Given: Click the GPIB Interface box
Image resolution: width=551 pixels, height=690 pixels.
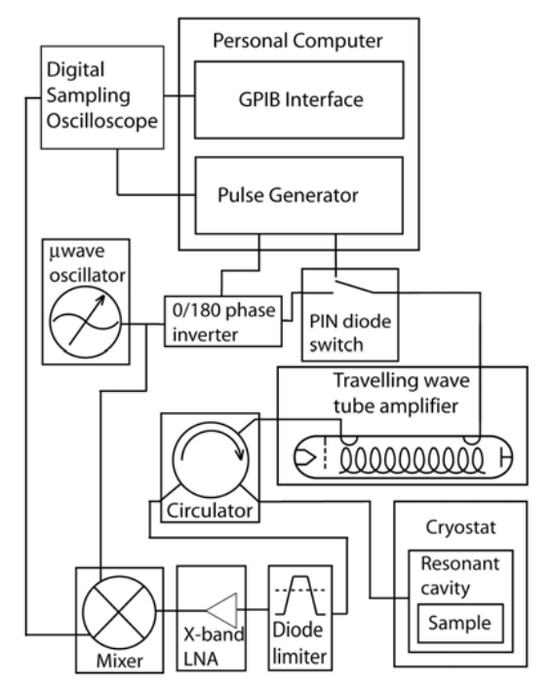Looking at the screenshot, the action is pos(299,99).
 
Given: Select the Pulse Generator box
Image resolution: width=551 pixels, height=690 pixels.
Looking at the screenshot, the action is pos(299,195).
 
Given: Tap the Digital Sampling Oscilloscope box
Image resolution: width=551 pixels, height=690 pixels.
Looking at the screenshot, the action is pos(102,97).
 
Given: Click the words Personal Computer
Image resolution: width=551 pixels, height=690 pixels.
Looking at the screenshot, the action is pos(297,41).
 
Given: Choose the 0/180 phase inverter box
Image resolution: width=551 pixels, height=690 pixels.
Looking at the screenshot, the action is pos(223,322).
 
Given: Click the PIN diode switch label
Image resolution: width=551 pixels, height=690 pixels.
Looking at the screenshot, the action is pos(350,333).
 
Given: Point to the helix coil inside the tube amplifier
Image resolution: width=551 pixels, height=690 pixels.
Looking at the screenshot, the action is pos(412,458).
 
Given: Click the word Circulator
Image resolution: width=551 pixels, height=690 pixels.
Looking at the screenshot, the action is pos(210,511).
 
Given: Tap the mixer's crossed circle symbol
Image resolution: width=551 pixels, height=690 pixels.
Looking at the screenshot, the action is pos(119,612).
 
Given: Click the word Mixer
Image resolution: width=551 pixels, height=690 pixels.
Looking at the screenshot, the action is pos(119,661).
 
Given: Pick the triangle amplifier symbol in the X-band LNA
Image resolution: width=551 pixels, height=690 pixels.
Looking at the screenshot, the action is pos(222,610).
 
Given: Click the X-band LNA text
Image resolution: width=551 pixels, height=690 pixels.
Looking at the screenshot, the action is pos(214,646).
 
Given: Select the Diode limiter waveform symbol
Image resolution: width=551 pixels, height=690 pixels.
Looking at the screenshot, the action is pos(300,594).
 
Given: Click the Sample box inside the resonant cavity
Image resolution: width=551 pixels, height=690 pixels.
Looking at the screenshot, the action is pos(460,623).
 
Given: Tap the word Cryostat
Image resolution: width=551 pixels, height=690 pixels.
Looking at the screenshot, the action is pos(460,527).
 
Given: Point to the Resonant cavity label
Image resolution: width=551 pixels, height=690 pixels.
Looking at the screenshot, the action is pos(460,576).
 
